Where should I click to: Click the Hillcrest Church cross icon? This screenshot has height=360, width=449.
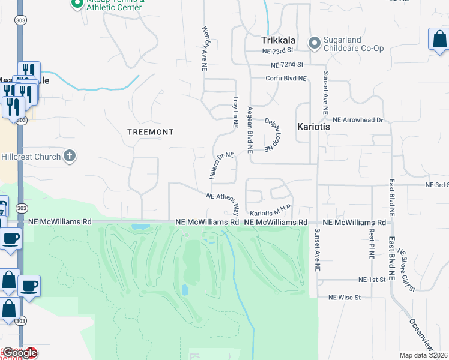coord(70,157)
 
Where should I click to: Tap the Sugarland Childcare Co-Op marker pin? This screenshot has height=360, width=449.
coord(314,43)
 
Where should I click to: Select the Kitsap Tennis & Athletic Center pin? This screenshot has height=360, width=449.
coord(76,4)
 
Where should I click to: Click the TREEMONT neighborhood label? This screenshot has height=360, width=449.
coord(151,132)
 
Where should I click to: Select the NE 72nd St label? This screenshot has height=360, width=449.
coord(287,64)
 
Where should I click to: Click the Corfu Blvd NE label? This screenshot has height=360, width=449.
coord(286,79)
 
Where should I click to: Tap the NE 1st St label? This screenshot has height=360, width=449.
coord(370,280)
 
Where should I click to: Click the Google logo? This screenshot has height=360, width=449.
coord(19,353)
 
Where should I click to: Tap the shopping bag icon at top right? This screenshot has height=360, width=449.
coord(439,40)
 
